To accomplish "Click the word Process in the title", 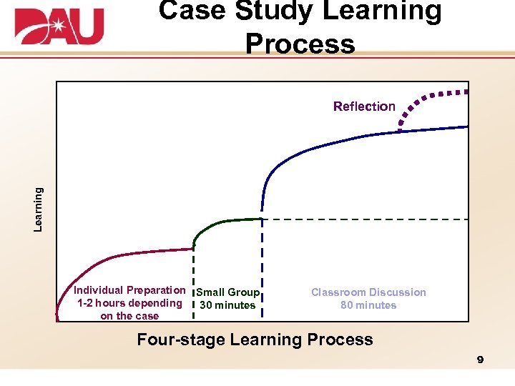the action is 300,44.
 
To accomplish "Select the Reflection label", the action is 364,107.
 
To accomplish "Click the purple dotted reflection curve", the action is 429,96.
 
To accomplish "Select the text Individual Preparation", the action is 129,290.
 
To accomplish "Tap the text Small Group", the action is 227,292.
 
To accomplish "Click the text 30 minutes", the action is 227,305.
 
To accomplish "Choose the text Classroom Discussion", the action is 368,292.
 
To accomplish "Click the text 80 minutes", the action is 368,305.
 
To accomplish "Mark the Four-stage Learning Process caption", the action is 255,340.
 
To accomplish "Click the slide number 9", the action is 480,360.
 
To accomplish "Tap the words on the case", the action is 129,316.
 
